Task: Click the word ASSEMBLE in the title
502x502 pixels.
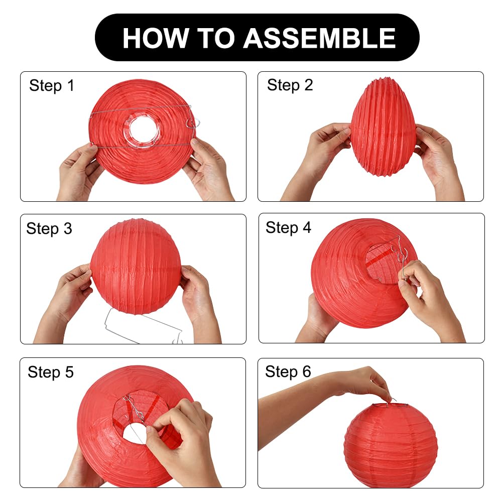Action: (x=319, y=38)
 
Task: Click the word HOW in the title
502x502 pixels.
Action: (x=156, y=38)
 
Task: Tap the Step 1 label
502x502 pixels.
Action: (x=52, y=85)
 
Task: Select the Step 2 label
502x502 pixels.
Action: (x=290, y=85)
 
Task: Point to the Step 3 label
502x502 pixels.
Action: (x=49, y=228)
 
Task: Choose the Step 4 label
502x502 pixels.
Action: (x=288, y=227)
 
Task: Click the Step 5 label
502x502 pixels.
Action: (x=51, y=372)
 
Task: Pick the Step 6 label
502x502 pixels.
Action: (x=288, y=371)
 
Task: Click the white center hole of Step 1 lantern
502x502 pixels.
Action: (x=143, y=130)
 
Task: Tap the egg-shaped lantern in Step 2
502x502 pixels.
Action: (x=383, y=127)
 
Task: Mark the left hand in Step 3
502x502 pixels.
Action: (x=64, y=298)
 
